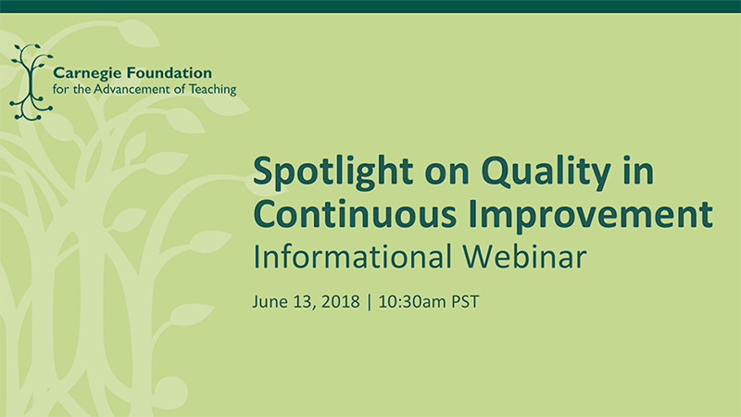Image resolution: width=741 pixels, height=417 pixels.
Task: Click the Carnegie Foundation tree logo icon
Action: (31, 82)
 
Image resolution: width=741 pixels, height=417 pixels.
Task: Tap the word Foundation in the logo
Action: (170, 73)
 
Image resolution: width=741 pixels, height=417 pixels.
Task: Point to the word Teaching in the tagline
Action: (213, 89)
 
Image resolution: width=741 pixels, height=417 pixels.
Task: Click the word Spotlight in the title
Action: (333, 172)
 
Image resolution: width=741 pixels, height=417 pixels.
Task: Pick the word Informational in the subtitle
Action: (352, 257)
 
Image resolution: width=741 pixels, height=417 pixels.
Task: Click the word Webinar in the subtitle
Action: (524, 257)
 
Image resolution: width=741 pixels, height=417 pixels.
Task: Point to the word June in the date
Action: (270, 302)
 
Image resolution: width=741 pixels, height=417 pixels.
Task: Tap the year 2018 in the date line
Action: (340, 301)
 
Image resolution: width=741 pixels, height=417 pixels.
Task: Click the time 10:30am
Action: (412, 301)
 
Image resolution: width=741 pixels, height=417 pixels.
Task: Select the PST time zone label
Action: (465, 301)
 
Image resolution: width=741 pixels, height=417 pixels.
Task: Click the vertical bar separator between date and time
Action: (369, 302)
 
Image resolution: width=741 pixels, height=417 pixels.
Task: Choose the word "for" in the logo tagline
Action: (60, 89)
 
